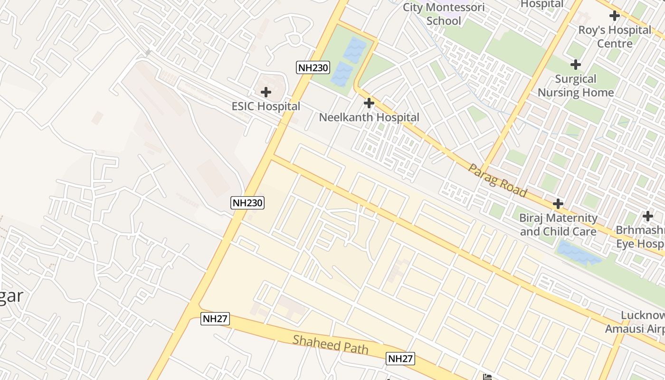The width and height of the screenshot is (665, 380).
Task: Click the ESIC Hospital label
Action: click(x=266, y=106)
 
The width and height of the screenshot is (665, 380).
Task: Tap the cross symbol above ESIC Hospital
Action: click(x=266, y=92)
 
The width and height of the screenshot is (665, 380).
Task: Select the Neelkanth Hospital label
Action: click(x=369, y=117)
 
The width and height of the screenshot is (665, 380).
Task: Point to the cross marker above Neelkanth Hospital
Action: click(x=369, y=103)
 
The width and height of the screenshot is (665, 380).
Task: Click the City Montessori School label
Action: click(x=444, y=14)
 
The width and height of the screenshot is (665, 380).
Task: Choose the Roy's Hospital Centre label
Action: click(x=615, y=37)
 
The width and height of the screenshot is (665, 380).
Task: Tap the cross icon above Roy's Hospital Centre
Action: click(x=615, y=16)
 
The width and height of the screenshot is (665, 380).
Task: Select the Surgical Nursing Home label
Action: click(x=576, y=85)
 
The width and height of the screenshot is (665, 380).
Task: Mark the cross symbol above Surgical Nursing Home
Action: click(x=576, y=64)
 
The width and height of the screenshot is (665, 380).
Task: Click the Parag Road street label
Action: click(x=497, y=180)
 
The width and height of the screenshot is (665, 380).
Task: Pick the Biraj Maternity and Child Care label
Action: click(x=558, y=225)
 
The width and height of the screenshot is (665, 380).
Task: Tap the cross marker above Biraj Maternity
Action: click(x=558, y=204)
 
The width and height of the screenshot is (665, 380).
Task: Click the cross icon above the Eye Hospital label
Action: click(x=648, y=216)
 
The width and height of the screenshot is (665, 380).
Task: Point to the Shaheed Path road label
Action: click(x=330, y=344)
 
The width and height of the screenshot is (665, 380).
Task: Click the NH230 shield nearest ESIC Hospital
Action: click(x=313, y=67)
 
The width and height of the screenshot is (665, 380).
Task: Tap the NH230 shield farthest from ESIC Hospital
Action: click(x=247, y=203)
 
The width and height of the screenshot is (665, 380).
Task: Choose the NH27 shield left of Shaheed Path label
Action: click(x=215, y=318)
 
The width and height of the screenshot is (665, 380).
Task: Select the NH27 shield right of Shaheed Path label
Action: click(x=400, y=358)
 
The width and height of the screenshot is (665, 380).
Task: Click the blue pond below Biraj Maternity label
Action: click(x=578, y=253)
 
